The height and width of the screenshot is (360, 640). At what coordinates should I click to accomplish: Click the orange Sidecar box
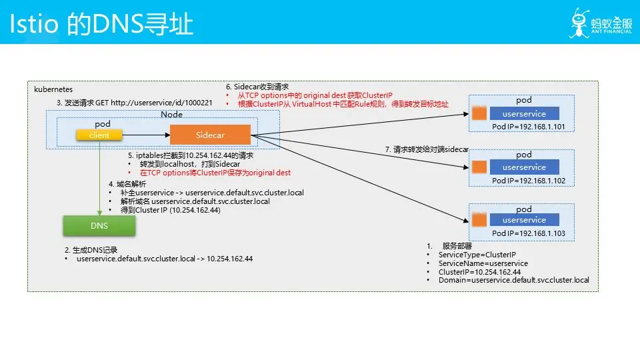pos(210,135)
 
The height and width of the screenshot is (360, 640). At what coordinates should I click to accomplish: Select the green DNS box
pos(99,226)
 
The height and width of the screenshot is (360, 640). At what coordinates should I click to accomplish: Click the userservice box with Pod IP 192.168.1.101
pos(523,114)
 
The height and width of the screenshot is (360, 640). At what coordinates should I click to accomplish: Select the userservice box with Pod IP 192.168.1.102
pos(523,167)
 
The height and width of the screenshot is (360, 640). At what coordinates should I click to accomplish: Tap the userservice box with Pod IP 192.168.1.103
pos(523,220)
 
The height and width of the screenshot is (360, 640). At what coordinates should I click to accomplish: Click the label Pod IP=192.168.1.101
pos(528,127)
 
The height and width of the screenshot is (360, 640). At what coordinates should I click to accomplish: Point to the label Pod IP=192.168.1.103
pos(528,233)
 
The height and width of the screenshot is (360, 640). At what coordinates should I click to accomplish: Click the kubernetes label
pos(53,89)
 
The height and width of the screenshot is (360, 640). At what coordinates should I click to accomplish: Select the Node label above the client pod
pos(171,115)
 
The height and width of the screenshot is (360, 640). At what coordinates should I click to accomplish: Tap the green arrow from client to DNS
pos(99,177)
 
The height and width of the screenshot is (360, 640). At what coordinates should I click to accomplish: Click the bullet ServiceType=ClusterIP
pos(477,255)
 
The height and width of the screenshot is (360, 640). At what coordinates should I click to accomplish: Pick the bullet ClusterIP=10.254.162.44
pos(479,272)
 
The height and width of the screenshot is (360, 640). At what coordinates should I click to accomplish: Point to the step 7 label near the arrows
pos(427,149)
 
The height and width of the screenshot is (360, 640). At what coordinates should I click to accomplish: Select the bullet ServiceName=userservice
pos(483,263)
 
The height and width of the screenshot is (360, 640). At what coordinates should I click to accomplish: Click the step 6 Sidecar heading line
pos(257,87)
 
